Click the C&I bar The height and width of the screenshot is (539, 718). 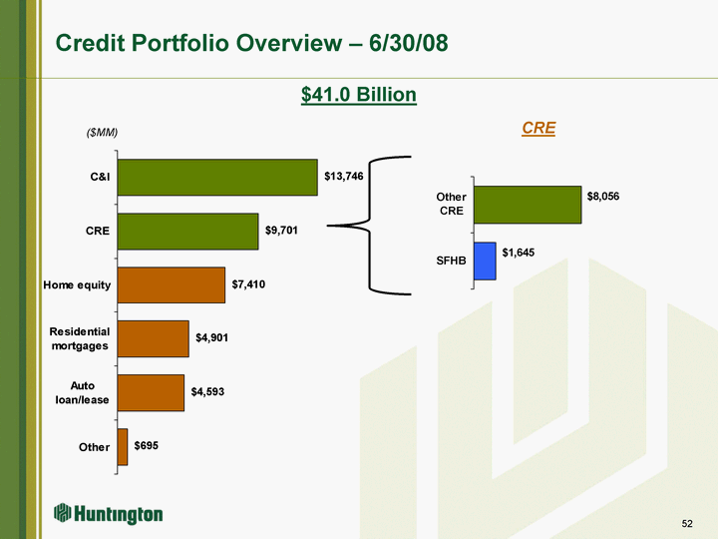tap(216, 178)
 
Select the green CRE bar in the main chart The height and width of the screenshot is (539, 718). tap(187, 231)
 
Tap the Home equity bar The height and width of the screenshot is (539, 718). tap(171, 284)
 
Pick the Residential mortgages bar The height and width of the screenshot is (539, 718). tap(153, 338)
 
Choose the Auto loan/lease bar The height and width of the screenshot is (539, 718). tap(151, 392)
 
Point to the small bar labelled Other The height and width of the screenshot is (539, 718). tap(122, 446)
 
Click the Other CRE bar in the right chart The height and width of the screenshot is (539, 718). tap(527, 205)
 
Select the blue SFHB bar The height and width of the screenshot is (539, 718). tap(485, 261)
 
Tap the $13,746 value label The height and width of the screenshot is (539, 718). tap(344, 177)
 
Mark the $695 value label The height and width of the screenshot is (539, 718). tap(146, 445)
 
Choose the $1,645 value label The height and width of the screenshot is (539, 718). tap(519, 254)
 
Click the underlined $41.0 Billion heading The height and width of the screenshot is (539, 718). tap(359, 94)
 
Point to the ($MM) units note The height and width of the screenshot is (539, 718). tap(102, 133)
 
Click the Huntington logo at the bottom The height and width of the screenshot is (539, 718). tap(109, 514)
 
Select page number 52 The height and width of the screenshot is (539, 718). tap(686, 523)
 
